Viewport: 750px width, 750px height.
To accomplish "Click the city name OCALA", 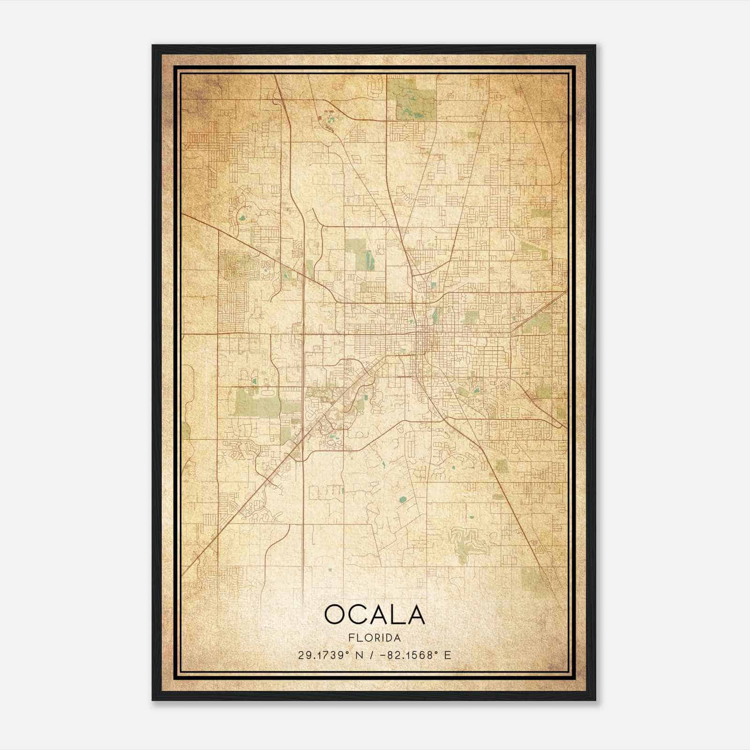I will [375, 615].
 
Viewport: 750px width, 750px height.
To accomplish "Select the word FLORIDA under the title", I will [375, 638].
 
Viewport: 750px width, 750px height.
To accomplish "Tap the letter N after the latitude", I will [360, 655].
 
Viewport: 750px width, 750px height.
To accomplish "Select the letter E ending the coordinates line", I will [448, 655].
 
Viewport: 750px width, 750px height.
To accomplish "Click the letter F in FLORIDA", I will [351, 638].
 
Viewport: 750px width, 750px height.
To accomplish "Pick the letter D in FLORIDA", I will [390, 638].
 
